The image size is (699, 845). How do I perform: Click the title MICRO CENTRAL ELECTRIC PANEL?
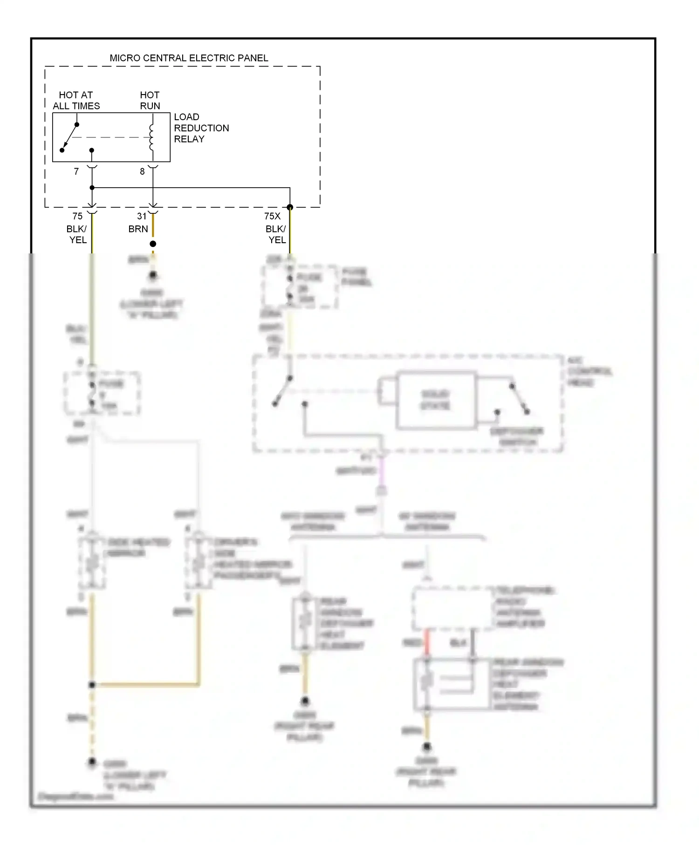(x=189, y=58)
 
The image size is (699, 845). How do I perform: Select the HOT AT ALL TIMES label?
(x=76, y=101)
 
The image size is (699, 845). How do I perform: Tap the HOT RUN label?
(x=150, y=101)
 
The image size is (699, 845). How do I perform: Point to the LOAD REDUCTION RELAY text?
(x=201, y=128)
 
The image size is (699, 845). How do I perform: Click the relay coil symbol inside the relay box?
(x=151, y=137)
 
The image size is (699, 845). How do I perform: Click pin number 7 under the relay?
(x=76, y=171)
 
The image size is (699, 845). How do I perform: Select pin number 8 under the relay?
(x=142, y=171)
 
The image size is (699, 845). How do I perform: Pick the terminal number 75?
(x=77, y=216)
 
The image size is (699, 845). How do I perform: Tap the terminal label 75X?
(x=272, y=216)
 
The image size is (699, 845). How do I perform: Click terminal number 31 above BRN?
(x=142, y=216)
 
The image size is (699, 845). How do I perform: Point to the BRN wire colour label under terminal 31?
(x=138, y=229)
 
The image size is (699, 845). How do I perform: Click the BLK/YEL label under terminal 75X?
(x=276, y=234)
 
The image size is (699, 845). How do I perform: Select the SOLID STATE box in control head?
(x=436, y=400)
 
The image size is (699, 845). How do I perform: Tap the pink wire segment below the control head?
(x=382, y=470)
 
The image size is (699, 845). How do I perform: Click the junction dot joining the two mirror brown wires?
(x=92, y=685)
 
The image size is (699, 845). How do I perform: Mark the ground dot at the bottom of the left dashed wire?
(x=92, y=762)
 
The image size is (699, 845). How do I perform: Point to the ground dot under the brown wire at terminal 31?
(x=153, y=276)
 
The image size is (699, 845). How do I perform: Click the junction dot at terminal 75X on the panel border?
(x=290, y=207)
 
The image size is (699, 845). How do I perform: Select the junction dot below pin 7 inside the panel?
(x=92, y=188)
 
